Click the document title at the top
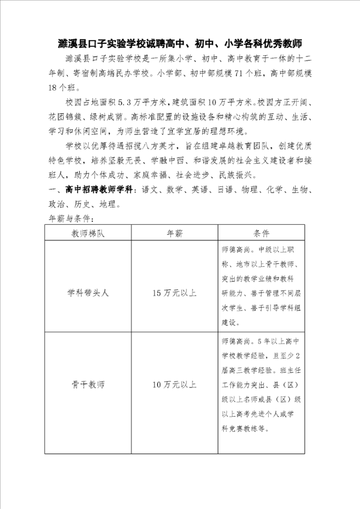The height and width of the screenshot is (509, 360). [x=180, y=44]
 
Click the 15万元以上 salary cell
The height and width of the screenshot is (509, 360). [x=174, y=293]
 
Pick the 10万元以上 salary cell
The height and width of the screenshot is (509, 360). [x=174, y=383]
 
